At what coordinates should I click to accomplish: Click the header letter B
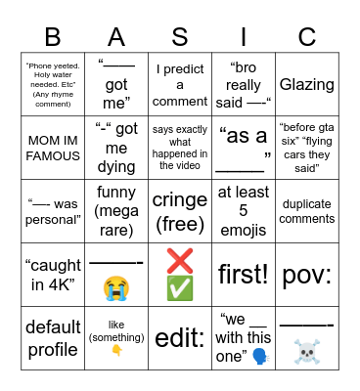53,36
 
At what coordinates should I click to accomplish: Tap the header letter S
180,36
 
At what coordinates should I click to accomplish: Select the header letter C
306,36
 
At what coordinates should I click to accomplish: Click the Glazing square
306,85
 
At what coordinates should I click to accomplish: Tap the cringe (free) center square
180,210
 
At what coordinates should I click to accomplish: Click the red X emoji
180,261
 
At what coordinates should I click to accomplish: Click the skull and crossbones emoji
306,351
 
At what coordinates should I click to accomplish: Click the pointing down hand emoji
116,351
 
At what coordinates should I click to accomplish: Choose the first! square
243,273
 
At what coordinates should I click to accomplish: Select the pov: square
306,273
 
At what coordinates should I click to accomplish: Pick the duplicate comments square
306,210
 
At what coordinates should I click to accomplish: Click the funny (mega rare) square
116,210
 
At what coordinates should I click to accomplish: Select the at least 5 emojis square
243,210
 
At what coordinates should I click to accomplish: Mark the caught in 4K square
53,273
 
